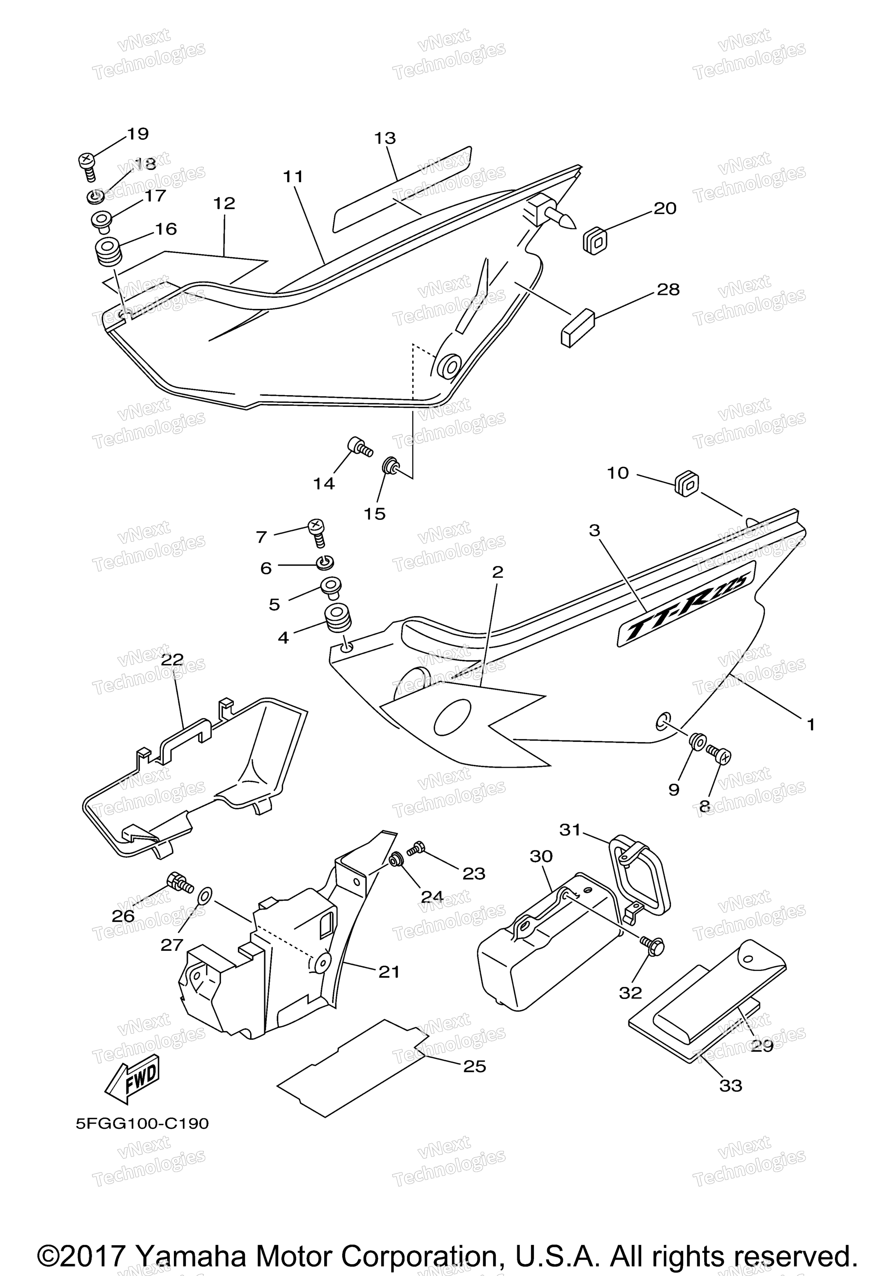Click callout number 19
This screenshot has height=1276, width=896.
click(x=138, y=134)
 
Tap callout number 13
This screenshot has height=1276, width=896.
click(x=385, y=138)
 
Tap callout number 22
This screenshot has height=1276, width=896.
click(x=172, y=659)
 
